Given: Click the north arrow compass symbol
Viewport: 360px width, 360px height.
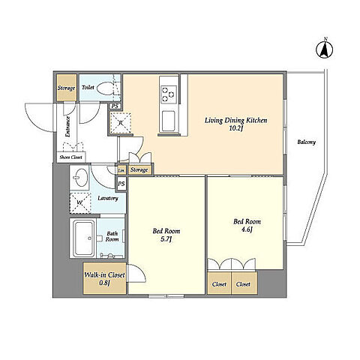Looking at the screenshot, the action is tap(325, 49).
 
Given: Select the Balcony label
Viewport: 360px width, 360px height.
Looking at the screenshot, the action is tap(306, 142).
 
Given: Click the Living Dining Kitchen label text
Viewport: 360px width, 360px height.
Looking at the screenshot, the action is tap(235, 121).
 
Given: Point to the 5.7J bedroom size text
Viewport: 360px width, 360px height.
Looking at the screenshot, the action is tap(166, 239).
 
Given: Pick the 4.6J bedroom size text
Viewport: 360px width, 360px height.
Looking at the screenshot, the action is tap(247, 229).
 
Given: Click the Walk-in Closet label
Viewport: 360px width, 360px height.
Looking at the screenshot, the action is tap(104, 275).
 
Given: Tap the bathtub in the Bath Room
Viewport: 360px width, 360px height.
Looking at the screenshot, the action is tap(84, 238).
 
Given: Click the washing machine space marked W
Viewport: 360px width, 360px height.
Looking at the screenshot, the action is tap(80, 203).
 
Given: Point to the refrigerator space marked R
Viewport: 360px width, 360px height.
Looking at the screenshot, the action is tap(121, 123).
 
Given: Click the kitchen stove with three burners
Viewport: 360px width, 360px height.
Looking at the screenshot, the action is tap(169, 94).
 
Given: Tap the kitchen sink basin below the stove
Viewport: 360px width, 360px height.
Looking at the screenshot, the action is tap(169, 121).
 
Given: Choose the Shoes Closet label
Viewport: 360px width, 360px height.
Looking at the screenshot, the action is tap(70, 157).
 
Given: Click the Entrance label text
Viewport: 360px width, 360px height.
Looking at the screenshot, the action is tap(67, 127).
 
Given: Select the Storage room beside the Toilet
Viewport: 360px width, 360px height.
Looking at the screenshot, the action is tap(67, 88).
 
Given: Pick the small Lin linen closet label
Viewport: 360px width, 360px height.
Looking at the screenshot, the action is tap(121, 170).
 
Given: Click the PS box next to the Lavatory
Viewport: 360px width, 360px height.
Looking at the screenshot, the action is tap(121, 184).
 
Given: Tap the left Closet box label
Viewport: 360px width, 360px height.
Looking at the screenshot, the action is tap(219, 284).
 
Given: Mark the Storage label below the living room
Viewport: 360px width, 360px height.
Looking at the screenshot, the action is tap(139, 170).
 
